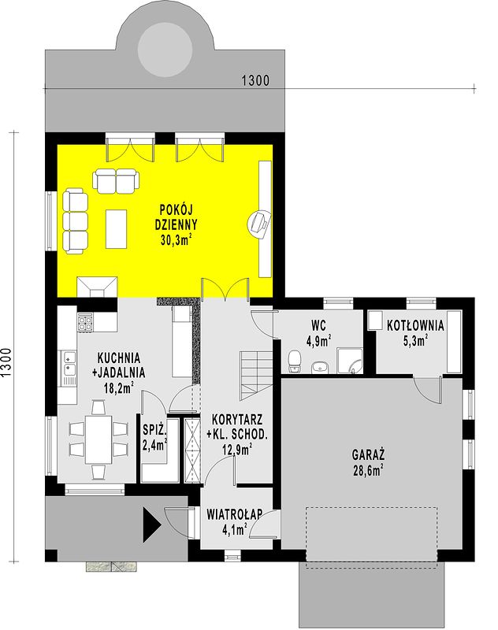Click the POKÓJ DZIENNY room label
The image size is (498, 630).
click(x=176, y=217)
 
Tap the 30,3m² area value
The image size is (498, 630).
click(x=176, y=240)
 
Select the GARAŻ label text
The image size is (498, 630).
click(x=368, y=454)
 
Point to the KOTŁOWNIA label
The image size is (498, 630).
click(x=415, y=325)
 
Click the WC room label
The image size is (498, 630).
click(x=318, y=324)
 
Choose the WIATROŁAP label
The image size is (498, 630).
click(x=234, y=514)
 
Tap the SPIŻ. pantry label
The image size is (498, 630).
click(x=154, y=430)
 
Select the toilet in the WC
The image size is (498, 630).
click(x=295, y=361)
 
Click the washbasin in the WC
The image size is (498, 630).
click(x=320, y=366)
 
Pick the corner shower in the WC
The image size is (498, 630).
click(x=350, y=361)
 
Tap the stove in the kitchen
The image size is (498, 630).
click(x=85, y=321)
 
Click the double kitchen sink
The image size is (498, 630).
click(x=69, y=368)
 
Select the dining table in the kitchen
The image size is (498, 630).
click(x=98, y=439)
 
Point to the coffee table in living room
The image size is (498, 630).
click(x=116, y=228)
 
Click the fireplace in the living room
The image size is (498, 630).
click(x=97, y=287)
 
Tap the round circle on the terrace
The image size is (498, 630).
click(x=165, y=50)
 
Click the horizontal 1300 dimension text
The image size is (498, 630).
click(x=255, y=81)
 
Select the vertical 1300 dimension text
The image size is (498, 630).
click(x=6, y=362)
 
